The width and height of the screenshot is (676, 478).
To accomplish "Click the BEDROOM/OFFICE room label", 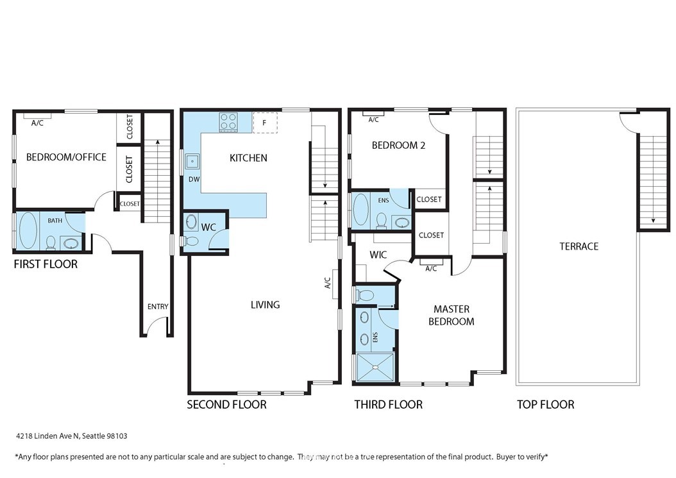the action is (66, 157).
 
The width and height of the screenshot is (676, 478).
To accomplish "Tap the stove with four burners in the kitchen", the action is (228, 121).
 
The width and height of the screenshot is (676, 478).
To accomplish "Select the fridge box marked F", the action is (265, 123).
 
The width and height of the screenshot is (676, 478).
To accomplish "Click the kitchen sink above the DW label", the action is (192, 162).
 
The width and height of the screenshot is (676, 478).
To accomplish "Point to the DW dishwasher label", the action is (194, 179).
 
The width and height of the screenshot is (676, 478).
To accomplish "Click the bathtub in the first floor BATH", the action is (27, 231).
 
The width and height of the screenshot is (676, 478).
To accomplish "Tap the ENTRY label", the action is (158, 306).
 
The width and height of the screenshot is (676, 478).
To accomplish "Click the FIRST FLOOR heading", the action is (46, 264).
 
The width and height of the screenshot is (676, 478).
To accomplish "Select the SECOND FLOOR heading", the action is (226, 404).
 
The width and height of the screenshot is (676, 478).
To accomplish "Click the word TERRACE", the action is (579, 246).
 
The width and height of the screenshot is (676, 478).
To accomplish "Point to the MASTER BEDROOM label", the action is (452, 315).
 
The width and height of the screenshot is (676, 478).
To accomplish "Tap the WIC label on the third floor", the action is (378, 255).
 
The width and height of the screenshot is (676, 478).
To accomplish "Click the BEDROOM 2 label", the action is (398, 146).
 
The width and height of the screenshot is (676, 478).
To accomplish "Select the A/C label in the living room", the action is (327, 283).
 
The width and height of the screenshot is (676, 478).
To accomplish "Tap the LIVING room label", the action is (265, 305).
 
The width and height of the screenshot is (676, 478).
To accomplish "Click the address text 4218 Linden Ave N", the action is (47, 436).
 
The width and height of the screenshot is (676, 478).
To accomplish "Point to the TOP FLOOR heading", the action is (545, 404).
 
